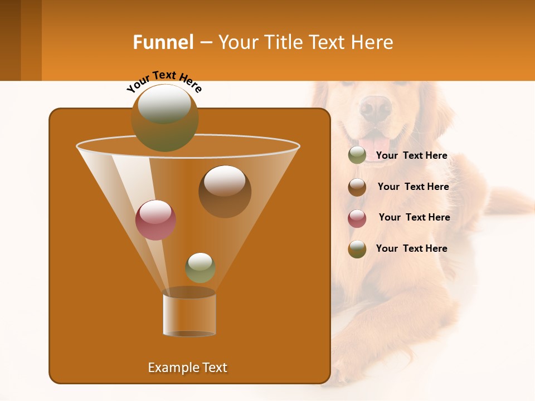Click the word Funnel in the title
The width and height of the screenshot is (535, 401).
[163, 42]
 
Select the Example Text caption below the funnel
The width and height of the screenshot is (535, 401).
[188, 368]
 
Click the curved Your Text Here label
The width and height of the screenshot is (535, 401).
[164, 81]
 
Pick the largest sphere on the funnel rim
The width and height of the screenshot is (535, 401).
[165, 118]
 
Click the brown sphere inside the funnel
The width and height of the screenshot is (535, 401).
[225, 191]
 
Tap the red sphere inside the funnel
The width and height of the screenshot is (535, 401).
[156, 219]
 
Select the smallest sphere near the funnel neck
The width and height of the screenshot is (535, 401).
[200, 267]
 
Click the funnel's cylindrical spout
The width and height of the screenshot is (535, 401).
[189, 315]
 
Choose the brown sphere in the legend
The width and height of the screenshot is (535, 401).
[357, 187]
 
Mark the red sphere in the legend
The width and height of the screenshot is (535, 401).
[357, 218]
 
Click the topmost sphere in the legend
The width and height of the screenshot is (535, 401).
[357, 155]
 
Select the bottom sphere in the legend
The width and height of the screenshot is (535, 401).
[357, 249]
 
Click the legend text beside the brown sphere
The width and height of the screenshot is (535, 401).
[413, 187]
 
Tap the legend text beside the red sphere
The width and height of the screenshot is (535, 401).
[414, 217]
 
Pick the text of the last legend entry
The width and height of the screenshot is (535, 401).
[412, 248]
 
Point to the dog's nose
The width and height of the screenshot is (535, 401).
[376, 106]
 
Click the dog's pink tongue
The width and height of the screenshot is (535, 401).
[372, 144]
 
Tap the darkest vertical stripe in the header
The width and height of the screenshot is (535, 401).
[10, 40]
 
